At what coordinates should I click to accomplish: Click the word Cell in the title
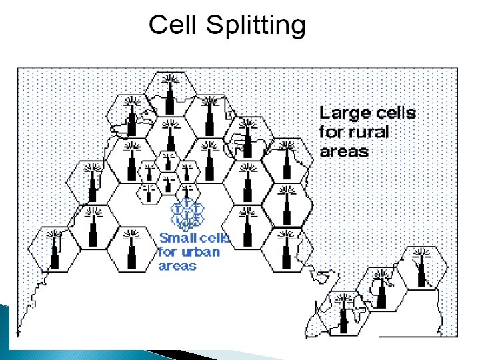coord(174,25)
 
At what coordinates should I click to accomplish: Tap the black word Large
coord(341,113)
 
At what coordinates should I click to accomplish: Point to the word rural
coord(367,131)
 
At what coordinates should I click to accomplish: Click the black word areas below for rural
coord(343,151)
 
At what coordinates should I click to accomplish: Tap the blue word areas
coord(177,265)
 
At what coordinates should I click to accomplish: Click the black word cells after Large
coord(393,113)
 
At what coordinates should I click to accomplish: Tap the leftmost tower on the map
coord(55,250)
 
